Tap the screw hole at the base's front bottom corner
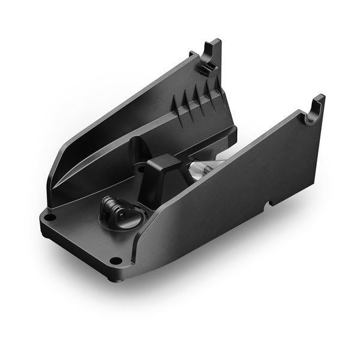pyautogui.click(x=116, y=260)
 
